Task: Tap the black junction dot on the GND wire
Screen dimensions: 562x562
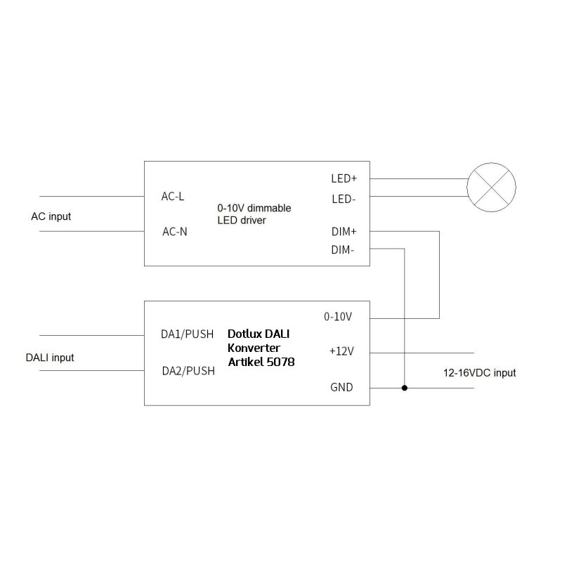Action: pyautogui.click(x=405, y=388)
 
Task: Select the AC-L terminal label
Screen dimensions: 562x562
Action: pyautogui.click(x=173, y=197)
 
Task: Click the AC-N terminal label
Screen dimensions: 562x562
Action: pyautogui.click(x=174, y=232)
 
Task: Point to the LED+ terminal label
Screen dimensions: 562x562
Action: pyautogui.click(x=344, y=178)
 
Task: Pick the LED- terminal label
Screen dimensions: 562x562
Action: pyautogui.click(x=344, y=200)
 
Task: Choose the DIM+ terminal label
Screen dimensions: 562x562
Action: pyautogui.click(x=344, y=232)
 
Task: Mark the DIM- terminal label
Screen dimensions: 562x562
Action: pyautogui.click(x=343, y=250)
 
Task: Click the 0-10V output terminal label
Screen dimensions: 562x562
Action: pyautogui.click(x=338, y=317)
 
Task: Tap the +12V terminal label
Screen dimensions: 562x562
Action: pyautogui.click(x=341, y=351)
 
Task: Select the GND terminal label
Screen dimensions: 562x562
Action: pyautogui.click(x=341, y=387)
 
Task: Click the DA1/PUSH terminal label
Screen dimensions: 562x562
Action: pyautogui.click(x=187, y=334)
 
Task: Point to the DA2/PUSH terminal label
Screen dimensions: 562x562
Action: pyautogui.click(x=188, y=371)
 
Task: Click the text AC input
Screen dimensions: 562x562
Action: pyautogui.click(x=51, y=216)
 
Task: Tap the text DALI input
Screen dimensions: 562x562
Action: pyautogui.click(x=50, y=358)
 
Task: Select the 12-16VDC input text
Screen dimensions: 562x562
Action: pyautogui.click(x=480, y=373)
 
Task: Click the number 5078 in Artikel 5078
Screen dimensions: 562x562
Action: pyautogui.click(x=280, y=362)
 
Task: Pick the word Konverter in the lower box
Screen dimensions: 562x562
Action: pyautogui.click(x=254, y=348)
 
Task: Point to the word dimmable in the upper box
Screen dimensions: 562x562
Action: pyautogui.click(x=269, y=208)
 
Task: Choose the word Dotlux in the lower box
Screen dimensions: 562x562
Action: pyautogui.click(x=243, y=334)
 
